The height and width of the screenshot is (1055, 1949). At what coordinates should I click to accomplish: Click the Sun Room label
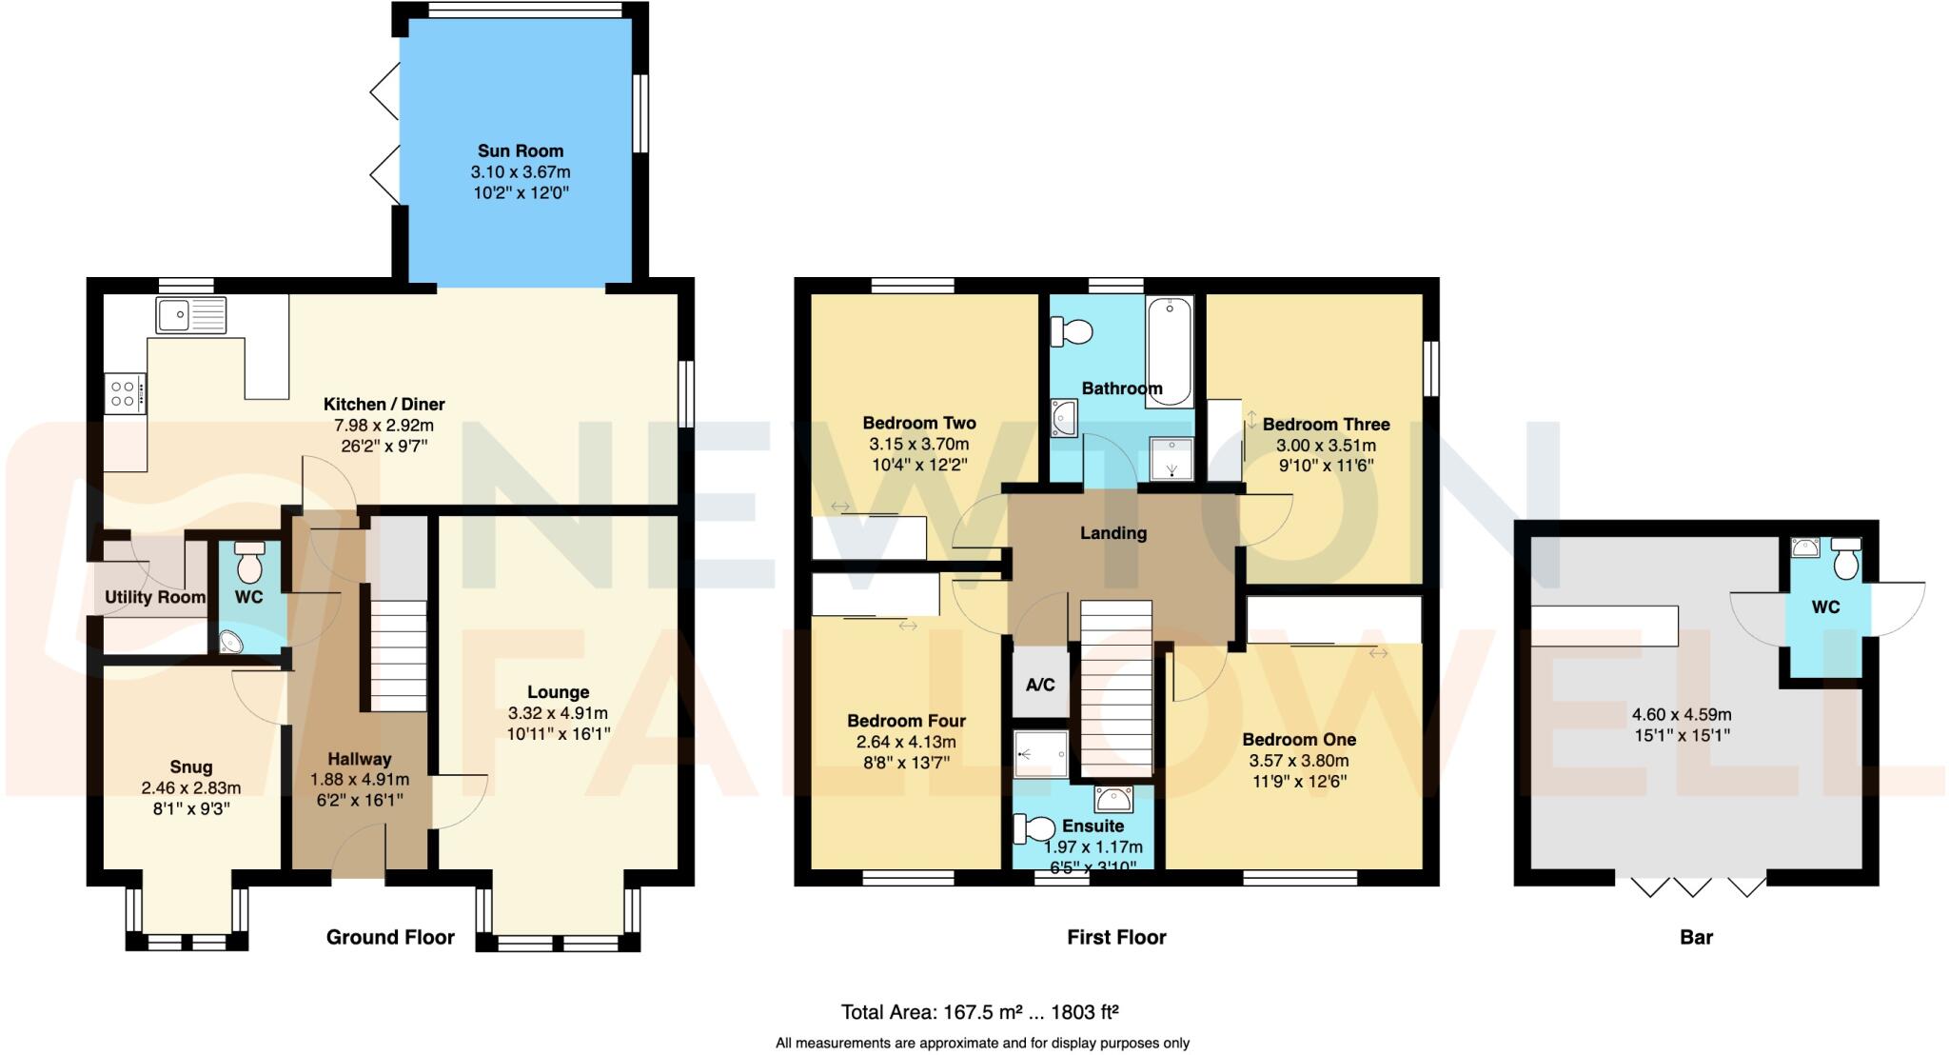click(520, 150)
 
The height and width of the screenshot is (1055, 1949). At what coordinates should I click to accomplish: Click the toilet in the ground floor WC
click(249, 563)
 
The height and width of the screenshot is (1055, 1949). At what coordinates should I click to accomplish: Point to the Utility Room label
click(154, 597)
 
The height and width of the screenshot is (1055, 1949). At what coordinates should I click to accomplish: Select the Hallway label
click(359, 759)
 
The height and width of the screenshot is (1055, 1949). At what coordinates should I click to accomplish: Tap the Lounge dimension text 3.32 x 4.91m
click(558, 713)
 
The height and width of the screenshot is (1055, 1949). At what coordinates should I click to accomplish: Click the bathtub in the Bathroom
click(1169, 351)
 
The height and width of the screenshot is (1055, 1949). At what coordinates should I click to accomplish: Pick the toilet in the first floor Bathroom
click(1072, 331)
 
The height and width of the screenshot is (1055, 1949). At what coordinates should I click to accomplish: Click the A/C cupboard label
click(1040, 685)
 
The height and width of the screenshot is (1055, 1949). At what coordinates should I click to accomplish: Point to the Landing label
click(1112, 533)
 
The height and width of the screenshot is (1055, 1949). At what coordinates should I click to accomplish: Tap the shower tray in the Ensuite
click(1039, 755)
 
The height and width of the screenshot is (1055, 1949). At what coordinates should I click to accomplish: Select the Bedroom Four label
click(906, 721)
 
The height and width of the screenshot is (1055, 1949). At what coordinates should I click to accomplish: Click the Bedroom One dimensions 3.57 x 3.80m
click(1299, 761)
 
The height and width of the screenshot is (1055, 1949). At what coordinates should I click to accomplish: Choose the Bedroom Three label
click(1326, 425)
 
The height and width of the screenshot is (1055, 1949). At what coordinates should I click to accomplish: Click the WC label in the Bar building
click(1825, 607)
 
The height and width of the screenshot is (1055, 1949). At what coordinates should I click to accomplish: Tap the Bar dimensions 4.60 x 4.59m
click(1682, 714)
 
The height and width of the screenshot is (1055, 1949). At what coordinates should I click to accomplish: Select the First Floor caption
click(1116, 937)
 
